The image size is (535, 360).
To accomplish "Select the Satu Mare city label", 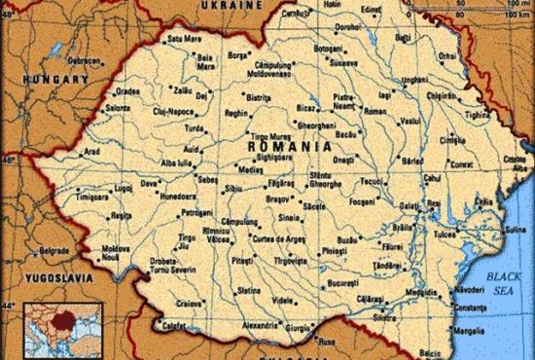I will [183, 38].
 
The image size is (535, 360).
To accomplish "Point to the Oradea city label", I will [128, 92].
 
